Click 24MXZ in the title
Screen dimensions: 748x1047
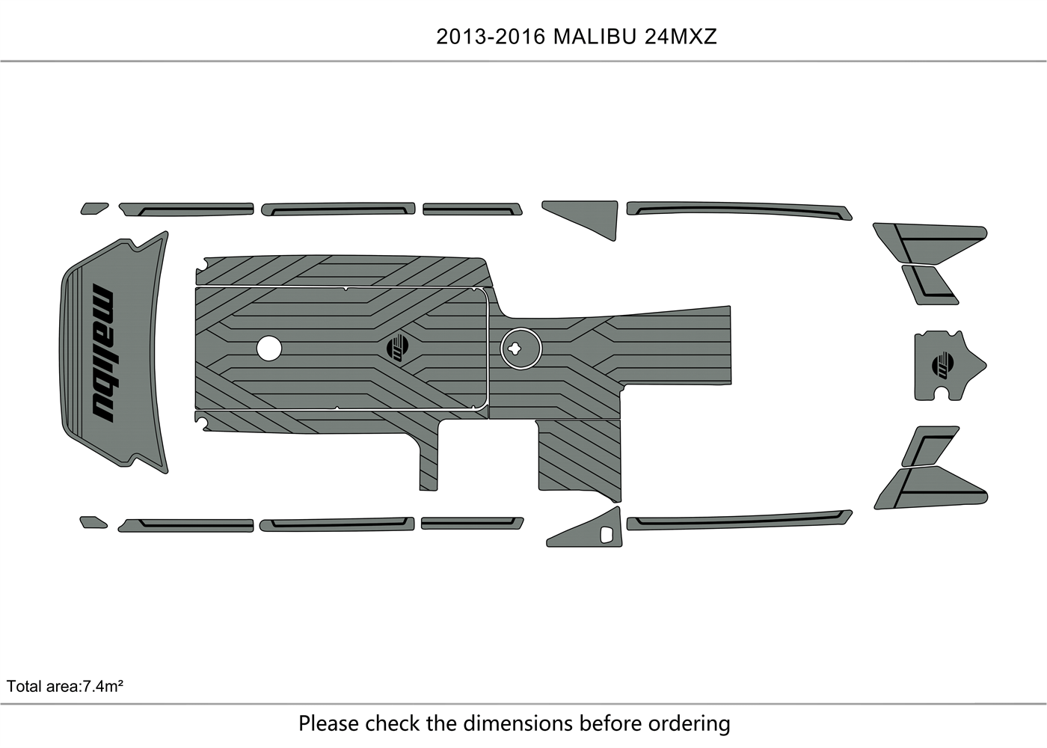pyautogui.click(x=681, y=37)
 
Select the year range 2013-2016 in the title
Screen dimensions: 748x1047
pyautogui.click(x=491, y=37)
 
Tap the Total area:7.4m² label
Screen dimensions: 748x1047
pyautogui.click(x=65, y=686)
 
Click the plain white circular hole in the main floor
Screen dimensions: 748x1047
pyautogui.click(x=269, y=348)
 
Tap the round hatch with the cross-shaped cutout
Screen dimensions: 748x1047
pyautogui.click(x=521, y=348)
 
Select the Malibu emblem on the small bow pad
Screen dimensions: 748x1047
pyautogui.click(x=943, y=365)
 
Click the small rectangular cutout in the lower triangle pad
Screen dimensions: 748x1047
pyautogui.click(x=607, y=535)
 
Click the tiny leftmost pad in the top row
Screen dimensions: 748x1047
pyautogui.click(x=93, y=207)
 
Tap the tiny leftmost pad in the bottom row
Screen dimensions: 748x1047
pyautogui.click(x=93, y=521)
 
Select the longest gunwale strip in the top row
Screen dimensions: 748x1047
pyautogui.click(x=739, y=209)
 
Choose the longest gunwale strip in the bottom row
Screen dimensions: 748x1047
pyautogui.click(x=739, y=521)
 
